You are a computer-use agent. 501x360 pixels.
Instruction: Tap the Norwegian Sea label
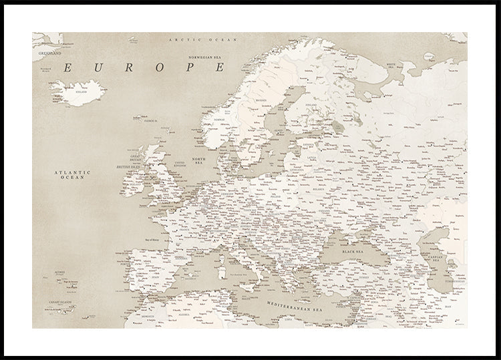pos(205,57)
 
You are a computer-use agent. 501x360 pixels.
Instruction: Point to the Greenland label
pos(49,52)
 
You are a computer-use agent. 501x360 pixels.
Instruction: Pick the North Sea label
pos(199,162)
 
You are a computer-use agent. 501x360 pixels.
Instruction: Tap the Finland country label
pos(311,106)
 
